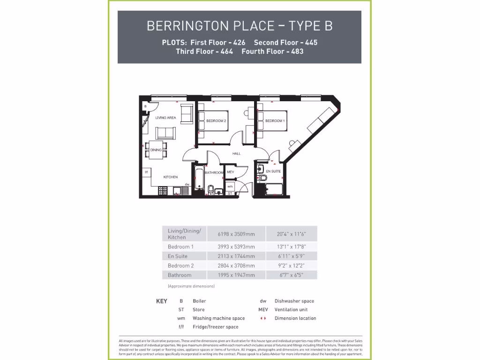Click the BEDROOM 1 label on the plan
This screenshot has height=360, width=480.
pos(275,121)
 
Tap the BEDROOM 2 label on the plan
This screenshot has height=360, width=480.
pos(216,121)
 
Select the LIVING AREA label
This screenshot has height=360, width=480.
pos(165,118)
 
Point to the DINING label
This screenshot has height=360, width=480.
pos(156,150)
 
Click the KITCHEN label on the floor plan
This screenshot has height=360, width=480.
pos(170,177)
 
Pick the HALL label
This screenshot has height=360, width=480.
pos(236,153)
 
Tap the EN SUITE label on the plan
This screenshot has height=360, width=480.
pos(273,172)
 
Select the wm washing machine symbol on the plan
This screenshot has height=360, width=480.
pos(230,187)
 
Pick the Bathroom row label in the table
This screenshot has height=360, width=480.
pos(180,275)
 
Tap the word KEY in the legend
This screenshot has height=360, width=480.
pos(161,301)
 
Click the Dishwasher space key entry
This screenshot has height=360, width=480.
pos(294,301)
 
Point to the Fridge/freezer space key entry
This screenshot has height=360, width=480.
pos(215,327)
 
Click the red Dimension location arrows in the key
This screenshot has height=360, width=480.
pos(263,318)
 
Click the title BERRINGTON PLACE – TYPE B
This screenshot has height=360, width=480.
pos(240,25)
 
